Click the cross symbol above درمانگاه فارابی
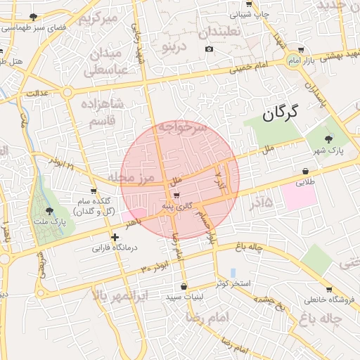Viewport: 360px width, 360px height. click(115, 238)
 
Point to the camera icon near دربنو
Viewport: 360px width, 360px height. click(209, 49)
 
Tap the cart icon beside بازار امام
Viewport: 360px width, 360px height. click(302, 49)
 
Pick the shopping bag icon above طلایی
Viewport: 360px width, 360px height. click(306, 171)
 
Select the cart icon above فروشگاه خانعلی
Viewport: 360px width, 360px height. click(329, 289)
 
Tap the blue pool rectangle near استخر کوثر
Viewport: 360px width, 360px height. click(233, 273)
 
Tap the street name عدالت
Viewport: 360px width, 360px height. click(37, 93)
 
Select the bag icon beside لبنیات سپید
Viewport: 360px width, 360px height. click(184, 286)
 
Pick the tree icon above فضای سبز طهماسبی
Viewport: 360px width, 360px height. click(33, 16)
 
